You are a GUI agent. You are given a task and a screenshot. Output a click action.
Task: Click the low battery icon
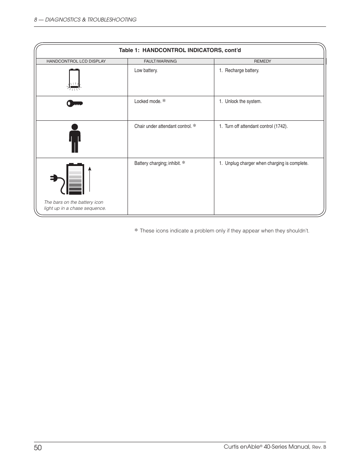(74, 79)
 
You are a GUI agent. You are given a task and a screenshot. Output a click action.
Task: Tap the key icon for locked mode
(74, 103)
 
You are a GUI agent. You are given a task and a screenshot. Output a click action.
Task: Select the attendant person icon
(75, 138)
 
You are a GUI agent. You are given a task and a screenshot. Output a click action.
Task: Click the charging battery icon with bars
(75, 178)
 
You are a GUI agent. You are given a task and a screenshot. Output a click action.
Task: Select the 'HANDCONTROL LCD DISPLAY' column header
(76, 61)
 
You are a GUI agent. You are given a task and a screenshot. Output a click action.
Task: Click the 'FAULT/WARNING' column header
(160, 61)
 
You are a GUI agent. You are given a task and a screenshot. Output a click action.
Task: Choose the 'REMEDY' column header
(262, 61)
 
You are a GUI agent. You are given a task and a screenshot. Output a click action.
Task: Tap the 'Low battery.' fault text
(146, 71)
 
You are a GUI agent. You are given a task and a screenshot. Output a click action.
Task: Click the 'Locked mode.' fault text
(148, 102)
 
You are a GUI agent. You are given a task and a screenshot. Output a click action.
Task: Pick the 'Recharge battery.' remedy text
(242, 71)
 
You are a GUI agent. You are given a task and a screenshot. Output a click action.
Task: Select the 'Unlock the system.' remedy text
(243, 102)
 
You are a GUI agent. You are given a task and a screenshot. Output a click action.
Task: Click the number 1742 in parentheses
(280, 126)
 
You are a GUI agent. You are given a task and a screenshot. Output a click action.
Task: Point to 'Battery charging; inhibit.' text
(157, 163)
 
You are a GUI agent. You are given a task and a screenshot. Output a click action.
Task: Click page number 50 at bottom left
(38, 448)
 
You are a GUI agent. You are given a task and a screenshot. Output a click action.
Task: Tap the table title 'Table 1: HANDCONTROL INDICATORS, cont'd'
(180, 50)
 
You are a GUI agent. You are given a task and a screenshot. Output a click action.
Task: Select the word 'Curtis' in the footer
(231, 447)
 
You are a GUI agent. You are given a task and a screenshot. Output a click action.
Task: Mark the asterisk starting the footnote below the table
(136, 231)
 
